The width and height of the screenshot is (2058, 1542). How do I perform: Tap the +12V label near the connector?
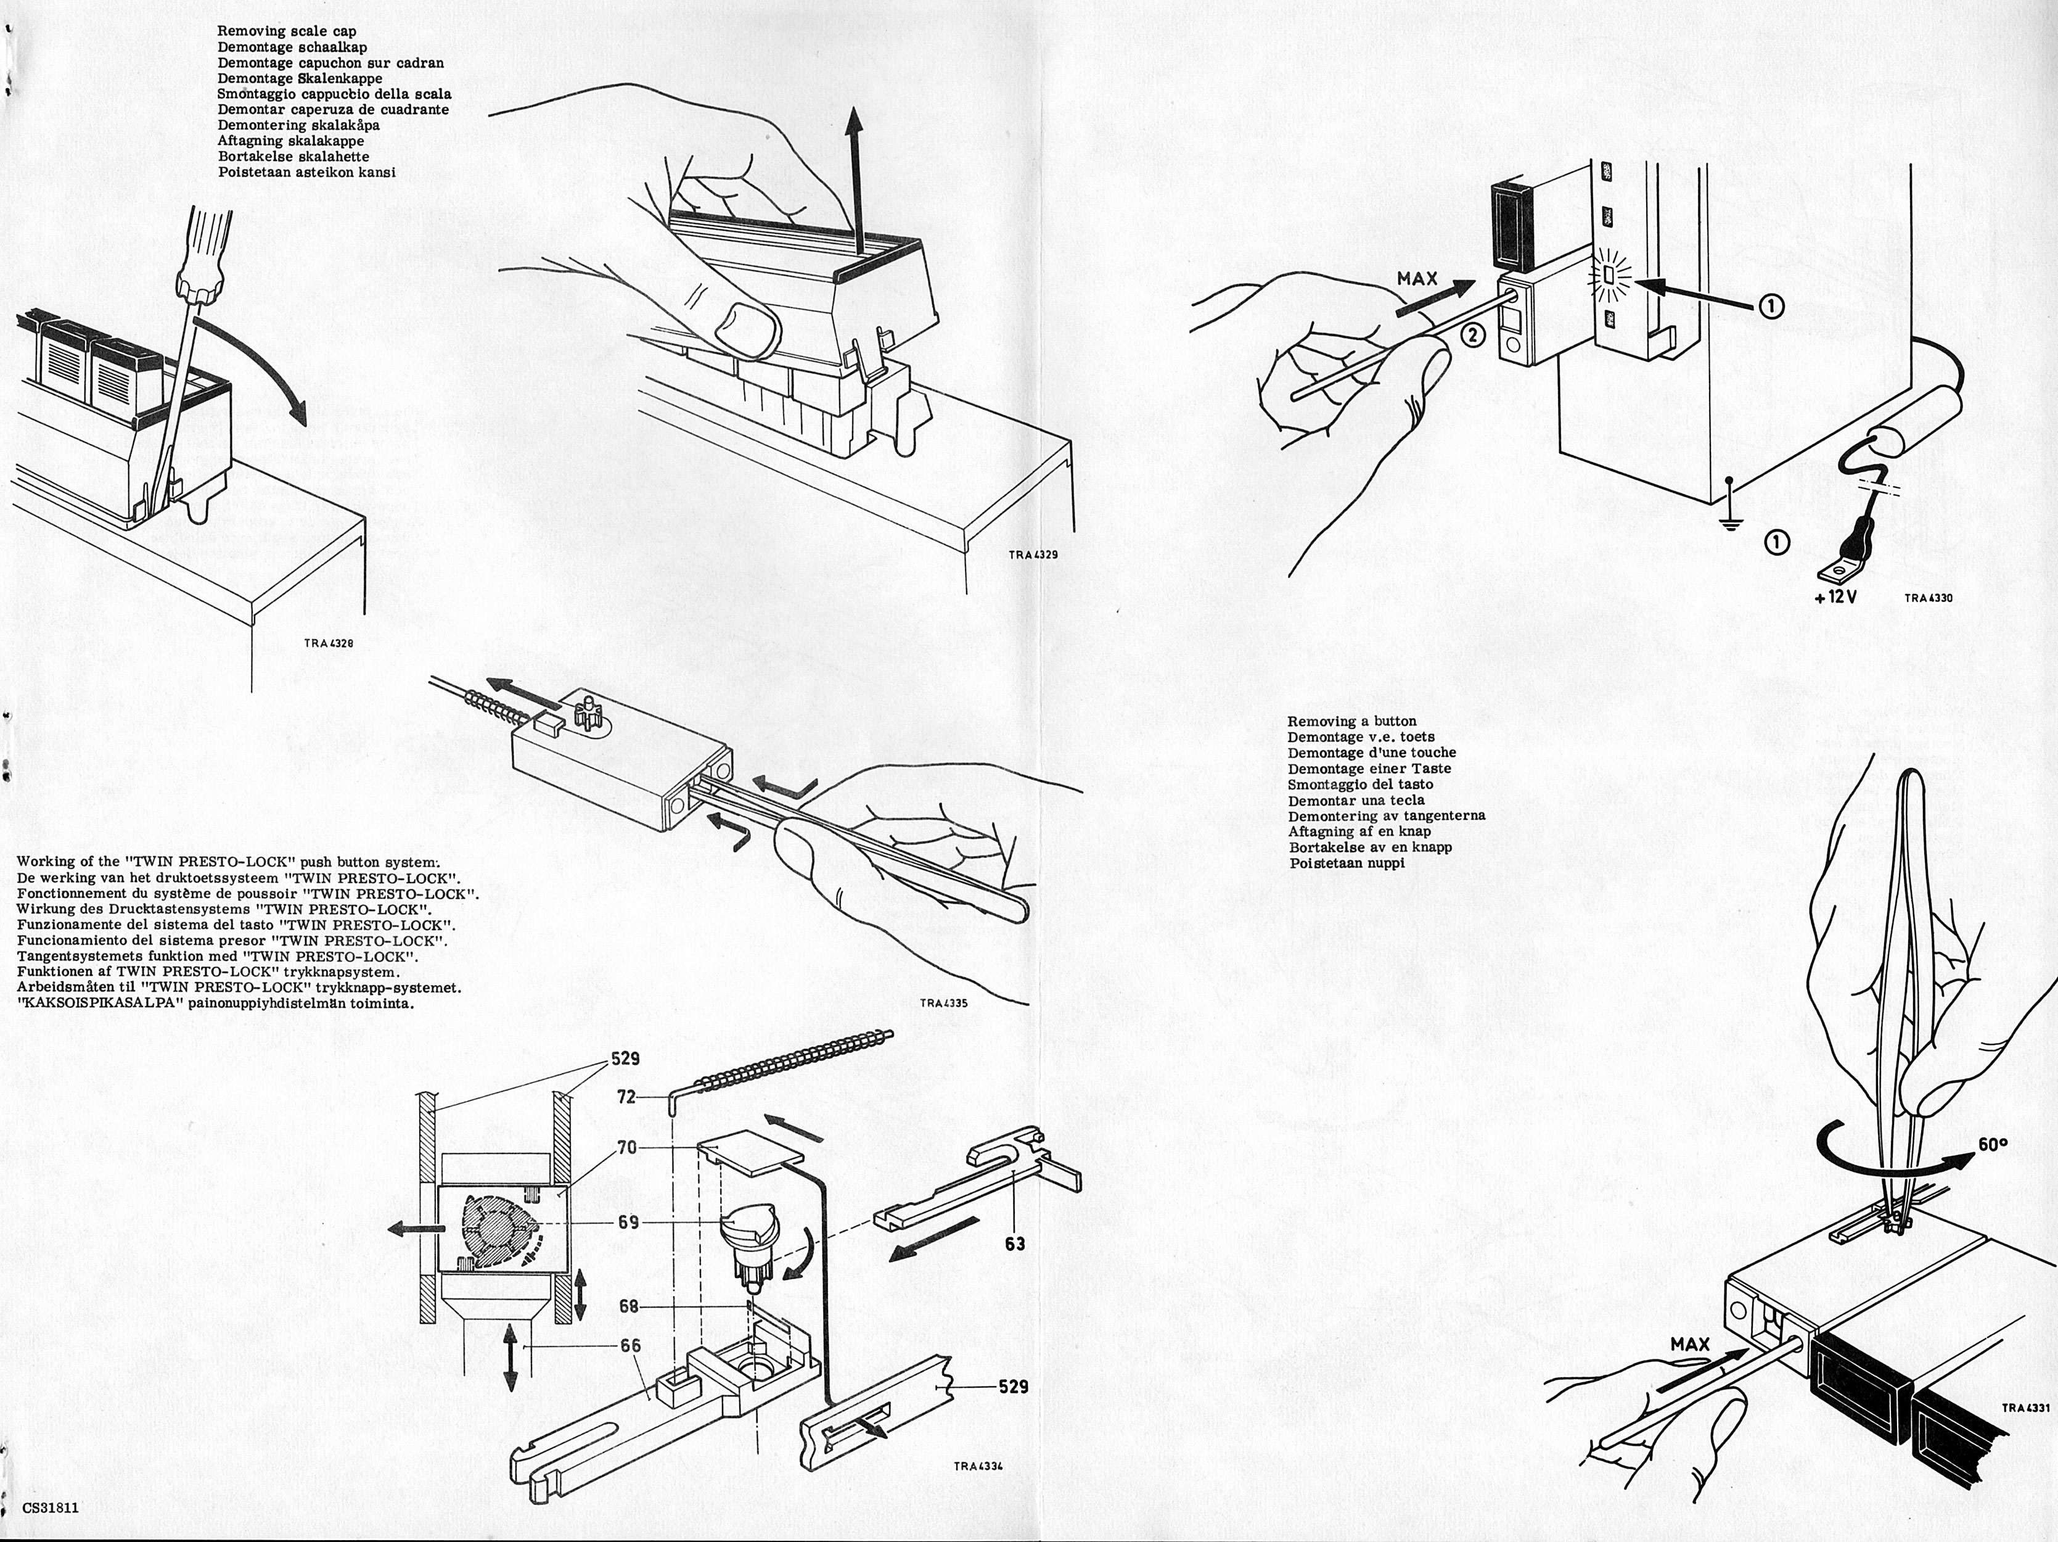1835,598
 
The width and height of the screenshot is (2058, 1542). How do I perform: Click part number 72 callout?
627,1098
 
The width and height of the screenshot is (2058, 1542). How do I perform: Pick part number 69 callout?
628,1222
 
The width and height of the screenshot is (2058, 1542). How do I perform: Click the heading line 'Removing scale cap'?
287,31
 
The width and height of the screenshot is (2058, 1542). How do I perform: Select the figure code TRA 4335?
943,1004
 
